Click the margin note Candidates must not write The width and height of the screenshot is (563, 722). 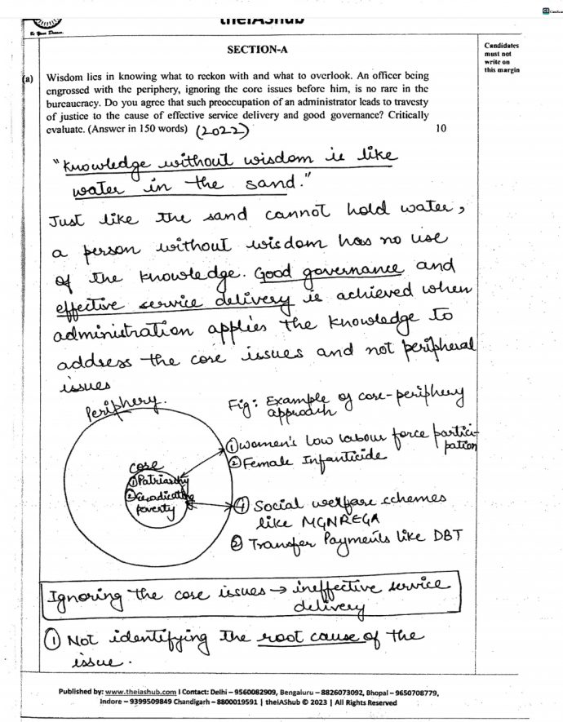(x=500, y=58)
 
